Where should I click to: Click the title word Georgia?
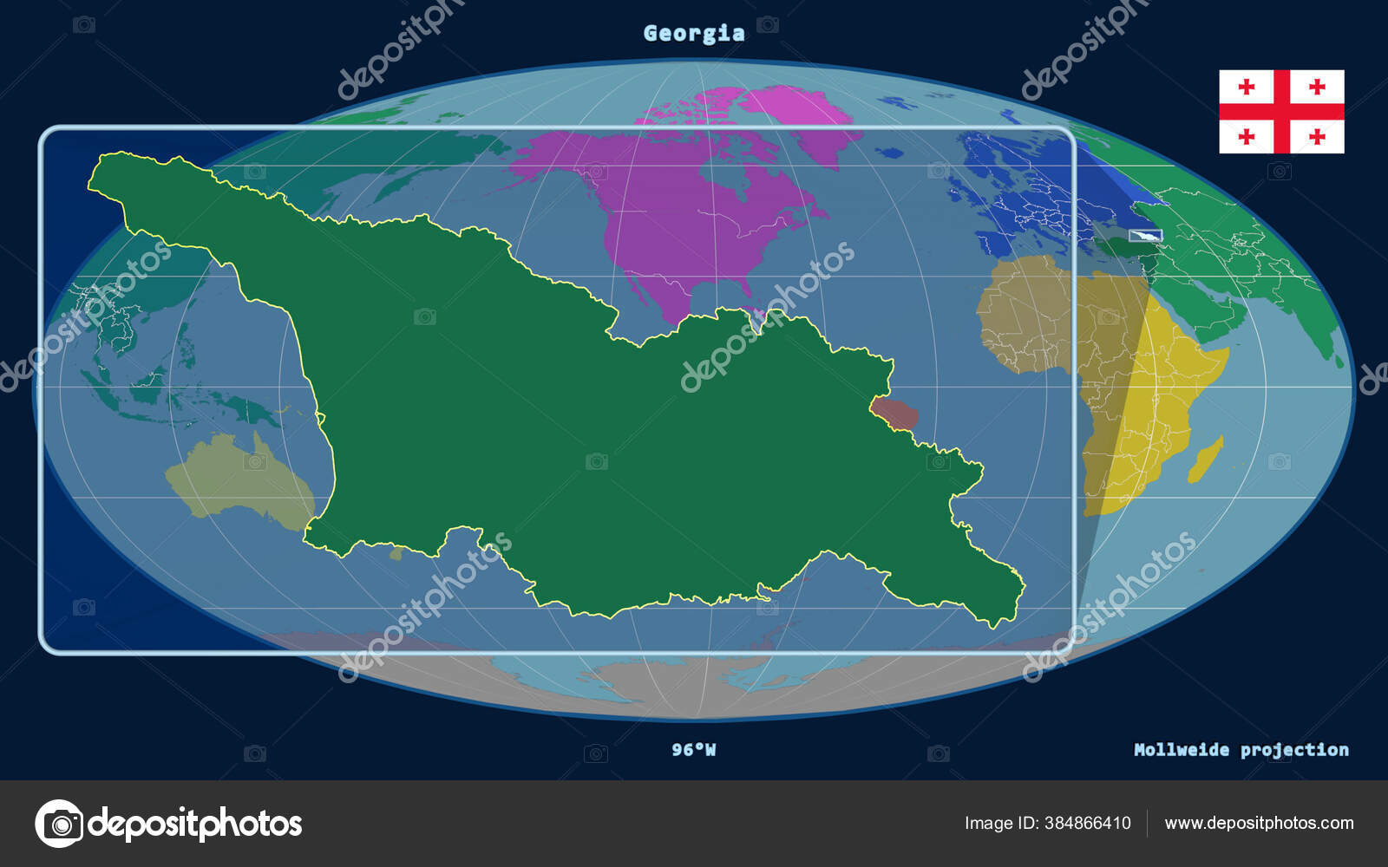coord(694,33)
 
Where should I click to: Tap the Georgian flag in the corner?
coord(1281,111)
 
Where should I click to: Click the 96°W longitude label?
coord(694,749)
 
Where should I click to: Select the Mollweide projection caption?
coord(1241,749)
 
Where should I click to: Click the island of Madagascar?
coord(1207,460)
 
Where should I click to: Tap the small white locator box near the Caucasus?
coord(1145,236)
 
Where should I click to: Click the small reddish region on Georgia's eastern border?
coord(894,413)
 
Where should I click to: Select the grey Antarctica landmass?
coord(694,685)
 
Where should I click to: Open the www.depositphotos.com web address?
coord(1259,823)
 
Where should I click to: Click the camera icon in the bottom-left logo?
coord(59,823)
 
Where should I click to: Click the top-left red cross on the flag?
coord(1247,87)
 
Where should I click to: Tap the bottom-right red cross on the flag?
coord(1317,136)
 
